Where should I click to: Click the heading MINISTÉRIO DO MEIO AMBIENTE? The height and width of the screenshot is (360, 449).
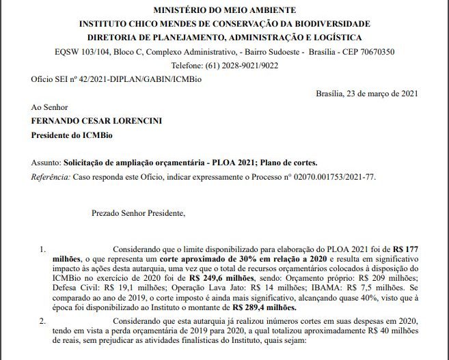coord(224,10)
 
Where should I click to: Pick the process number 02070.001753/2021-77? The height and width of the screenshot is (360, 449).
coord(331,177)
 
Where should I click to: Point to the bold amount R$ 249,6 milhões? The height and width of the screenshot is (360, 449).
coord(220,279)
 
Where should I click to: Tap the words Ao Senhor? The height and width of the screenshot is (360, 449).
coord(51,108)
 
